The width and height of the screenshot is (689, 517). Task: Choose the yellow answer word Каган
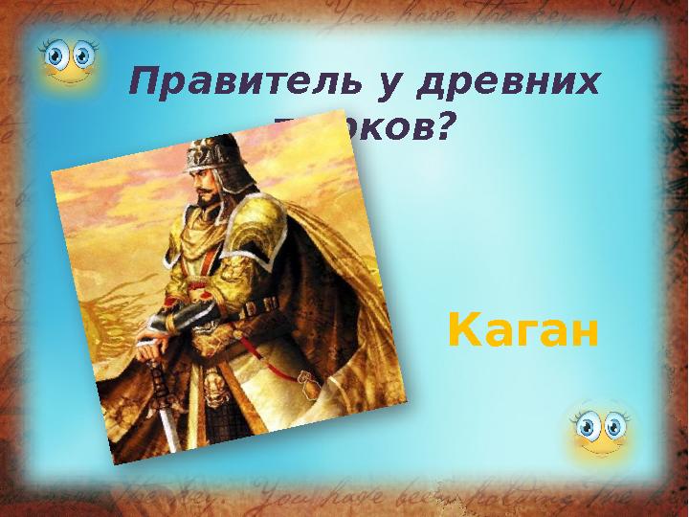[x=523, y=332]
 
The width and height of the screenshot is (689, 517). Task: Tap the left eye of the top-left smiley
[x=59, y=56]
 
